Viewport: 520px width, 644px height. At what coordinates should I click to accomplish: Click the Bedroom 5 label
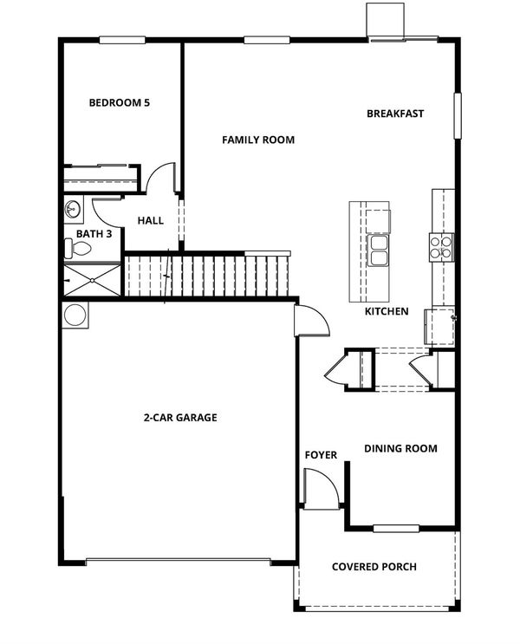pyautogui.click(x=119, y=102)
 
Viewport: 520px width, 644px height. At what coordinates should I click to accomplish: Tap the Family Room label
pyautogui.click(x=258, y=140)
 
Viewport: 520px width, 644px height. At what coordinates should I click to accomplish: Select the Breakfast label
pyautogui.click(x=395, y=114)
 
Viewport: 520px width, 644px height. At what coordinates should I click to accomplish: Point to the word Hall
pyautogui.click(x=150, y=220)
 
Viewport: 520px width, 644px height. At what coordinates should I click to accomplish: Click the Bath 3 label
pyautogui.click(x=94, y=234)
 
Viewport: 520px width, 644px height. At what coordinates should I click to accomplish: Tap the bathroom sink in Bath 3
pyautogui.click(x=73, y=210)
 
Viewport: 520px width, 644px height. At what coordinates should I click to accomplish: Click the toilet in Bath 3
pyautogui.click(x=78, y=249)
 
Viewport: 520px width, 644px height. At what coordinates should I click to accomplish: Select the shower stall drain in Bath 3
pyautogui.click(x=93, y=281)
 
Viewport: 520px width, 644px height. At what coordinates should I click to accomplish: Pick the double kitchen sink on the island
pyautogui.click(x=378, y=250)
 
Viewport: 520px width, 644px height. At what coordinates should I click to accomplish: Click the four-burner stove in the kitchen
pyautogui.click(x=441, y=247)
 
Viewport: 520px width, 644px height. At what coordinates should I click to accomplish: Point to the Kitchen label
pyautogui.click(x=387, y=311)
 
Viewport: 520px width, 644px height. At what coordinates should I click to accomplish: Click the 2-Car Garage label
pyautogui.click(x=180, y=418)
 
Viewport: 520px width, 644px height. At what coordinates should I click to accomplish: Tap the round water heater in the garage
pyautogui.click(x=75, y=315)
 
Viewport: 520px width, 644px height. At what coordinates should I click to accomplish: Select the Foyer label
pyautogui.click(x=321, y=455)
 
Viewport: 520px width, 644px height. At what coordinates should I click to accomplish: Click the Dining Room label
pyautogui.click(x=400, y=448)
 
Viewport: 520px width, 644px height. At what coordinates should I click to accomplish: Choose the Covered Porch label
pyautogui.click(x=374, y=567)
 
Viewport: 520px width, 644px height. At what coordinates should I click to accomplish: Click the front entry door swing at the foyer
pyautogui.click(x=322, y=489)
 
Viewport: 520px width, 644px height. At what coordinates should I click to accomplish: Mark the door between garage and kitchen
pyautogui.click(x=311, y=321)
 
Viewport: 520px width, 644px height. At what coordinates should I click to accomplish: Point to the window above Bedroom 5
pyautogui.click(x=122, y=40)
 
